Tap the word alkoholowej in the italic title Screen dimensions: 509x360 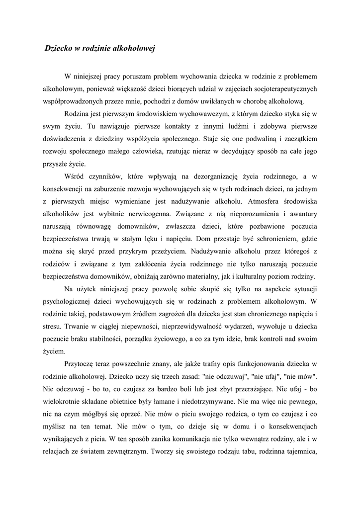(x=135, y=49)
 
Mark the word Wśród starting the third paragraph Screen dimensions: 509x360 (x=75, y=176)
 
